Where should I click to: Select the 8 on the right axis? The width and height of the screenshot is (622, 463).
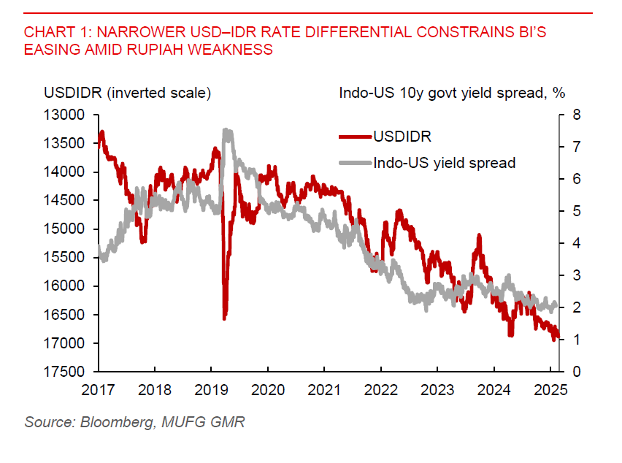coord(576,115)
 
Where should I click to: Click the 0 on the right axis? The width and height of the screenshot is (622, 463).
coord(576,372)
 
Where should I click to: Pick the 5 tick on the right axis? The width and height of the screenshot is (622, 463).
coord(576,211)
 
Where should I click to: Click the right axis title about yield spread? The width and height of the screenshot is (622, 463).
coord(453,93)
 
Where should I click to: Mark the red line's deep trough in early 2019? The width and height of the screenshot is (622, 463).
coord(224,317)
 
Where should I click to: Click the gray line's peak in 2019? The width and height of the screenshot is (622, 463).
coord(226,131)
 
